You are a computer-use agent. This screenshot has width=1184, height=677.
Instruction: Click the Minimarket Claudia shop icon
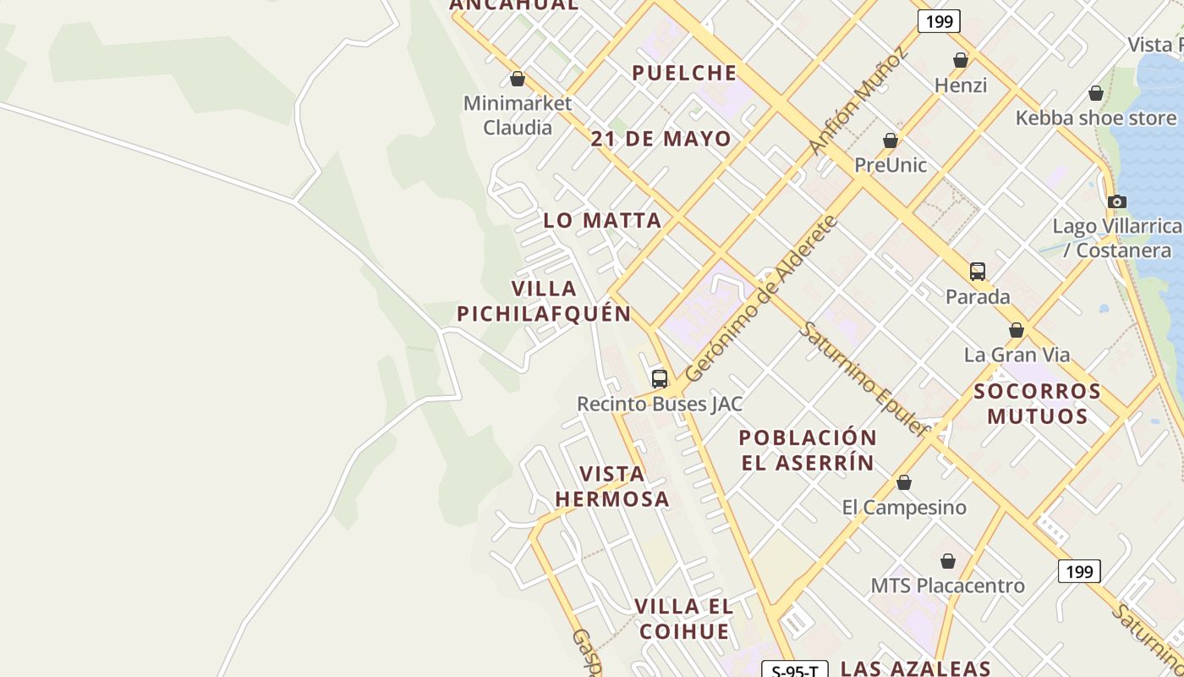coord(518,80)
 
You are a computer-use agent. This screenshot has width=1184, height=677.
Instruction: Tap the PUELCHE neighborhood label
coord(684,74)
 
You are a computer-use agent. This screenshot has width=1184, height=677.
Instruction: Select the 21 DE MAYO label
coord(661,139)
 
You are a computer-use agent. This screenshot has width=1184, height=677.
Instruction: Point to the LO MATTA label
coord(602,221)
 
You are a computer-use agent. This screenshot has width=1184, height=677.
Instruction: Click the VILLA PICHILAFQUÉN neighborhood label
coord(545,301)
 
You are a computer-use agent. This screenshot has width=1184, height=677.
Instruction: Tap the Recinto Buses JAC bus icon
coord(660,379)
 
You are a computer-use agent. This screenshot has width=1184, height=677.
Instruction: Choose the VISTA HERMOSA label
coord(612,487)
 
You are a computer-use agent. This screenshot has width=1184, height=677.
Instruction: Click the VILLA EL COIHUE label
coord(684,619)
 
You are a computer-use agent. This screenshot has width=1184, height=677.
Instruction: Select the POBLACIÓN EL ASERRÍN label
coord(808,450)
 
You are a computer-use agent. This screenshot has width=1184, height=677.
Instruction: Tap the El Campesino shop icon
coord(904,482)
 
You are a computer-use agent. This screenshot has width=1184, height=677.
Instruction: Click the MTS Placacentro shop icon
coord(948,561)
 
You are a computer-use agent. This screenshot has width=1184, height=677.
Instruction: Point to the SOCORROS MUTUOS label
coord(1038,404)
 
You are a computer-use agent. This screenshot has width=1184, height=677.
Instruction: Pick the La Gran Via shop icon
coord(1017,330)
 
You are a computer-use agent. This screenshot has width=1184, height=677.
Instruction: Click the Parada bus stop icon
coord(978,272)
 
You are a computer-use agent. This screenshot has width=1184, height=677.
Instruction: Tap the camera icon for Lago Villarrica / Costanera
coord(1117,201)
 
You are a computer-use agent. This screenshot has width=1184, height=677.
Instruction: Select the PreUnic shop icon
coord(891,140)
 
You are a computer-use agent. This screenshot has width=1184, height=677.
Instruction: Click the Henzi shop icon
coord(961,60)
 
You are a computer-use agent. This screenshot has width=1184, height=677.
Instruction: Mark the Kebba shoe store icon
coord(1096,93)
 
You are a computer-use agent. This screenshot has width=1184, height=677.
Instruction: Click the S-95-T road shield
coord(795,671)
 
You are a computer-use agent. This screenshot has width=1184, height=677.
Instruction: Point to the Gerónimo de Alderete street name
coord(760,299)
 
